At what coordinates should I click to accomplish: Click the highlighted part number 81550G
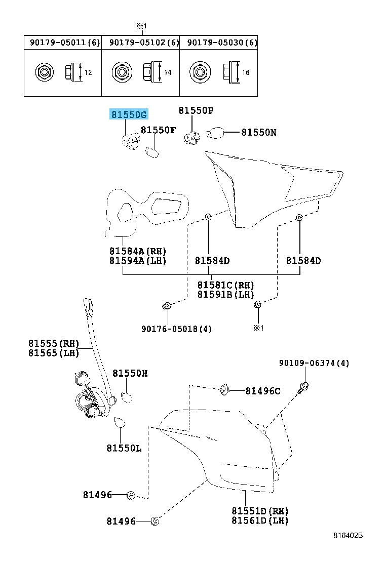click(x=129, y=114)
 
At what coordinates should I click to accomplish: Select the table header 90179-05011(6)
click(x=65, y=43)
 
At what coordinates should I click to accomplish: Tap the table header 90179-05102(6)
click(x=144, y=43)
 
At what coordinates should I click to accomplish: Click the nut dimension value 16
click(x=246, y=72)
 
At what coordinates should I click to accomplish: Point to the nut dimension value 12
click(x=88, y=72)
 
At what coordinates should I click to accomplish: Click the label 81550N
click(x=258, y=133)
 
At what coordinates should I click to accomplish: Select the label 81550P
click(x=196, y=110)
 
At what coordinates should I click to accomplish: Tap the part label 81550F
click(x=158, y=130)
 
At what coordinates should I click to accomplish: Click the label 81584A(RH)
click(x=138, y=251)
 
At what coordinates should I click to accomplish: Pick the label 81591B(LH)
click(x=225, y=294)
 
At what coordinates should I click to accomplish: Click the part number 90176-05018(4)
click(x=176, y=329)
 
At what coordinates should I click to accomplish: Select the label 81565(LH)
click(x=54, y=352)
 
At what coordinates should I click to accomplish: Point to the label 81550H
click(x=130, y=374)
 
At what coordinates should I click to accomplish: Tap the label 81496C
click(x=263, y=391)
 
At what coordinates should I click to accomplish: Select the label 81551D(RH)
click(x=260, y=510)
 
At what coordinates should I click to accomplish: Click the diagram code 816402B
click(x=348, y=535)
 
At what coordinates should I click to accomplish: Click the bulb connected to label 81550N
click(x=215, y=133)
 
